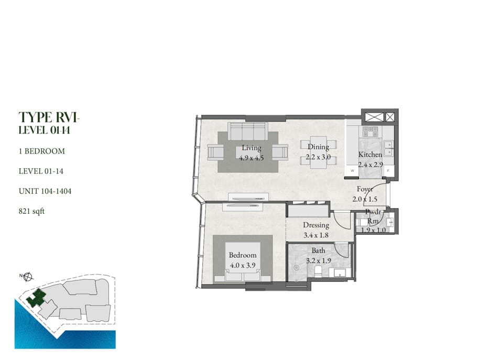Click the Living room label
(252, 148)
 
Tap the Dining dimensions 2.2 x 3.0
(318, 157)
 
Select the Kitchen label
(370, 155)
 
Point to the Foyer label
(365, 189)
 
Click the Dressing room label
(316, 225)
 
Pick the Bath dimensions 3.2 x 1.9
(319, 261)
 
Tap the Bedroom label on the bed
(243, 255)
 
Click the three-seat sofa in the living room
(248, 132)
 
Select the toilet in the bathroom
(318, 272)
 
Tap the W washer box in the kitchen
(352, 171)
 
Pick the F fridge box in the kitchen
(388, 171)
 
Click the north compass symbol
(28, 277)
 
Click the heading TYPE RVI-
(49, 117)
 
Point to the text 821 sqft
(32, 211)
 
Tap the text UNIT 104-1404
(45, 191)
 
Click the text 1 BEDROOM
(42, 151)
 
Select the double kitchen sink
(388, 148)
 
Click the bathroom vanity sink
(342, 272)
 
